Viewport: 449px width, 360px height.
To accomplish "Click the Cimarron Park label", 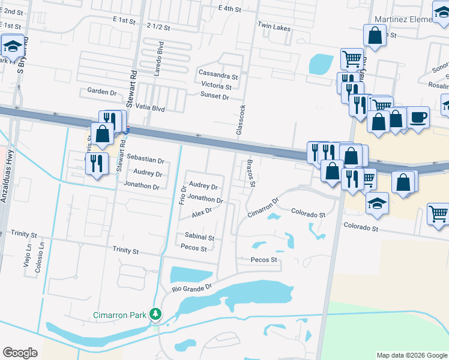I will point(120,315).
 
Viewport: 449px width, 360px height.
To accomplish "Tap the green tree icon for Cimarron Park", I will point(155,314).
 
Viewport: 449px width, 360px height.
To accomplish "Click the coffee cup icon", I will point(418,118).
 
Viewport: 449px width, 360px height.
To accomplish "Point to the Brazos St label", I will point(253,173).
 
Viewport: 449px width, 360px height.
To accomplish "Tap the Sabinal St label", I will point(200,238).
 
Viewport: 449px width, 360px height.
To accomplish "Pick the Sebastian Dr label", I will point(145,160).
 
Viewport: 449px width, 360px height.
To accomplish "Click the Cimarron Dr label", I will point(264,208).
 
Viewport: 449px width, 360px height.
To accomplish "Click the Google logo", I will point(20,353).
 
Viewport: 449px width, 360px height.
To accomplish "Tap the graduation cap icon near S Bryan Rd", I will point(12,46).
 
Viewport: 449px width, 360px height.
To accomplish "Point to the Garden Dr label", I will point(101,92).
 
